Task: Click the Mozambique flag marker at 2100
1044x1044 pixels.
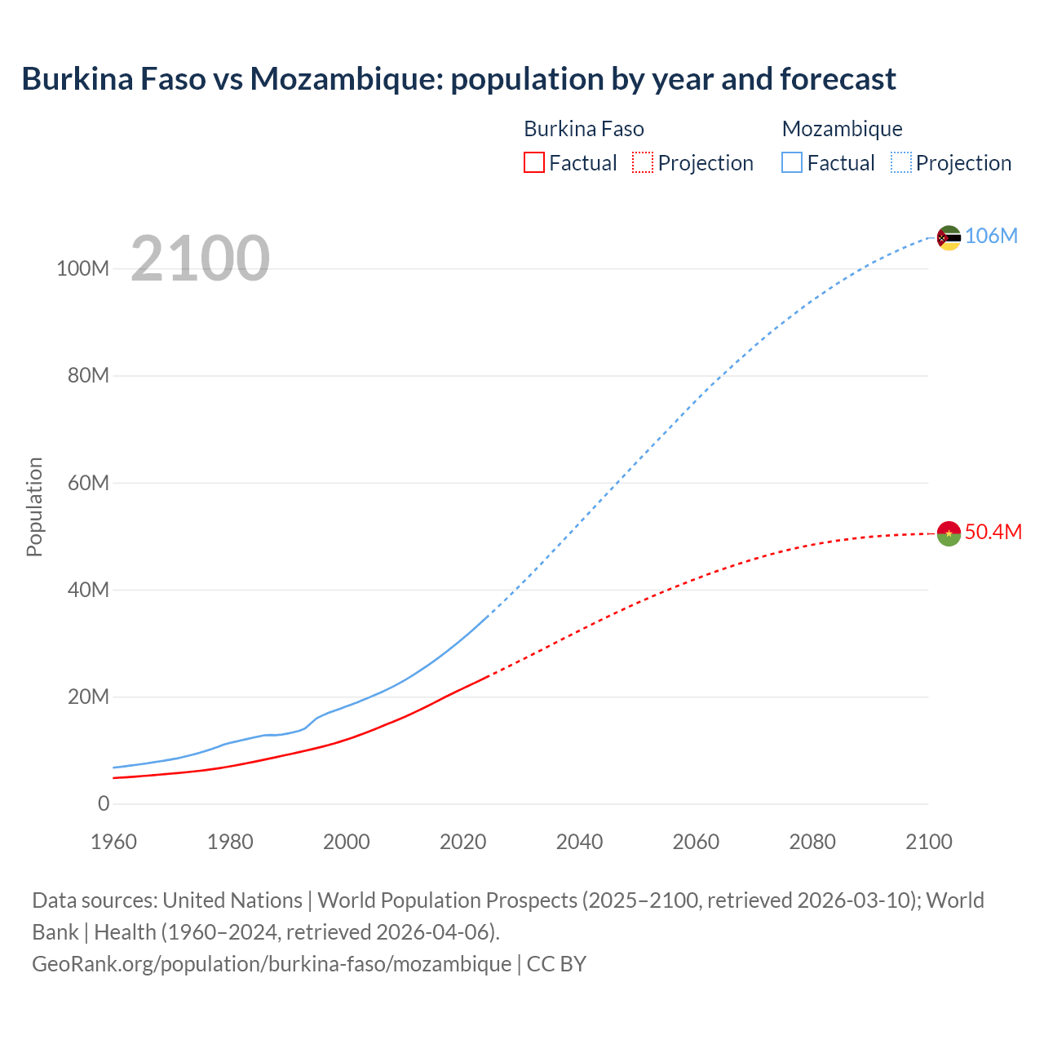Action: (x=949, y=237)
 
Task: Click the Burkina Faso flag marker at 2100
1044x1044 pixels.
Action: (x=949, y=533)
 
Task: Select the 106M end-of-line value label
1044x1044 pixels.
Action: (x=991, y=236)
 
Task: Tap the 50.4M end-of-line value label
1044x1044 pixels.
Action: (x=993, y=532)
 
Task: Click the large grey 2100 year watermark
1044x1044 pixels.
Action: (x=200, y=259)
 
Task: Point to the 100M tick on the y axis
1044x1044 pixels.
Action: (x=82, y=268)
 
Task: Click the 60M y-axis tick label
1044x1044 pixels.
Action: (x=87, y=483)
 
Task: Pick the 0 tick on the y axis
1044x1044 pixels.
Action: (x=103, y=803)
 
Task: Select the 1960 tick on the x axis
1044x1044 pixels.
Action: (x=113, y=842)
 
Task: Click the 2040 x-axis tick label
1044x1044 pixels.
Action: (x=579, y=842)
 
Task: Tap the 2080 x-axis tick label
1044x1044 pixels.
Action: (x=812, y=842)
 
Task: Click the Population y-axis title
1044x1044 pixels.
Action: (x=34, y=507)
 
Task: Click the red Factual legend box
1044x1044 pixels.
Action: (x=533, y=162)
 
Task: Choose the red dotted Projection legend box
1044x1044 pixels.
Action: (x=643, y=162)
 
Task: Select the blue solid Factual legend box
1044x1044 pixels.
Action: (x=791, y=162)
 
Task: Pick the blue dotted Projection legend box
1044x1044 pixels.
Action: (x=900, y=162)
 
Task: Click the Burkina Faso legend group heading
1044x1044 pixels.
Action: (x=583, y=129)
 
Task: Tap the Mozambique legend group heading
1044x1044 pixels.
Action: (x=842, y=129)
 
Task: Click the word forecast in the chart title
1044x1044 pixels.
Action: (x=838, y=79)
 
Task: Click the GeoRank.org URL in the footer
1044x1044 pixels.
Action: (x=272, y=963)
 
